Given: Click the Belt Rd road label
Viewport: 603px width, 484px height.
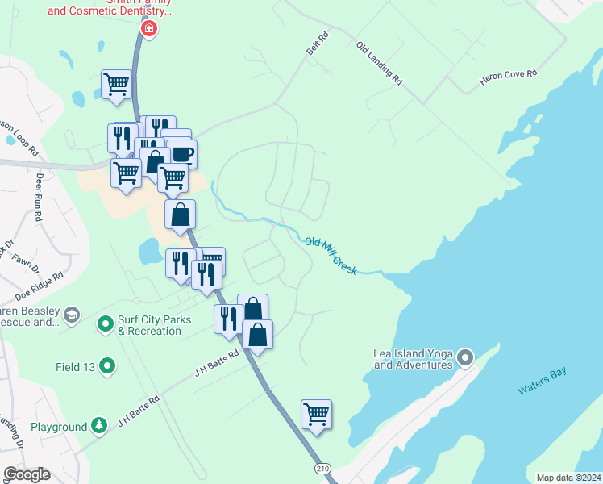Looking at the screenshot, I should (x=318, y=44).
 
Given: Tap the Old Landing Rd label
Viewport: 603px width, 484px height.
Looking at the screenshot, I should (x=379, y=63).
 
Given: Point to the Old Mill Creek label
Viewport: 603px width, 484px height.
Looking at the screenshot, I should (x=331, y=255).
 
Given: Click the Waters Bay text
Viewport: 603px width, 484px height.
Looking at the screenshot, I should (x=543, y=381).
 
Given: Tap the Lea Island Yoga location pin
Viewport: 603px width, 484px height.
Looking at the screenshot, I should (x=465, y=357).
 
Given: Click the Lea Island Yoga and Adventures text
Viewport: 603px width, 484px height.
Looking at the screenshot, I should (x=413, y=359).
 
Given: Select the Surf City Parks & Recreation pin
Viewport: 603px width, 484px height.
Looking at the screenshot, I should (x=105, y=325).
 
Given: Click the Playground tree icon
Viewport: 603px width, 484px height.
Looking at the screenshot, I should (x=98, y=425).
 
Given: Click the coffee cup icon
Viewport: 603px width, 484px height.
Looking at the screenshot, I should (x=181, y=152).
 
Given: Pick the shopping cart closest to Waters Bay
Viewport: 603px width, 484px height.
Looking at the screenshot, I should (x=316, y=415).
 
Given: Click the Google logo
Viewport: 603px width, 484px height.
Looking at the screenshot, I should (x=27, y=474).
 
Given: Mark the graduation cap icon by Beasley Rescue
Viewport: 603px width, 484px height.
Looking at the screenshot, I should (x=72, y=315).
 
